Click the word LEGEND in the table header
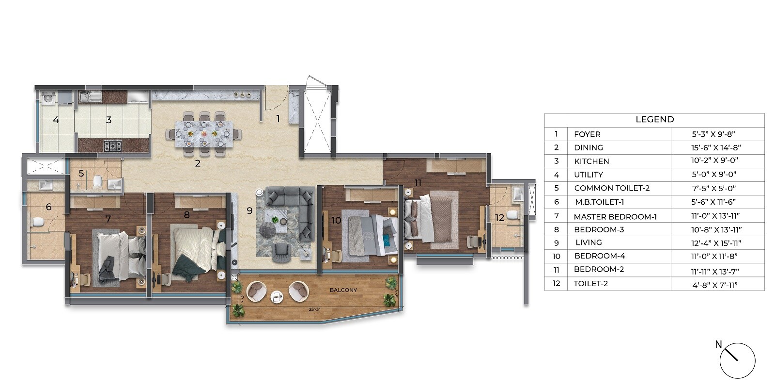654,119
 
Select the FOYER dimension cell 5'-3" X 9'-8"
713,134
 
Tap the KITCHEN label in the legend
591,161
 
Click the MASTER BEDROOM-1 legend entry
615,217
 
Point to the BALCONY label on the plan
343,290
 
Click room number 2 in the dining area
198,163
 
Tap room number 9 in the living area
249,210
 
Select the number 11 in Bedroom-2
418,182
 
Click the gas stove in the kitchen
113,145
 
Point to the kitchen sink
90,97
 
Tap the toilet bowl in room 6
36,222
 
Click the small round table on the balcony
277,296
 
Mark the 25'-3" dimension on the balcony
314,309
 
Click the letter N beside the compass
719,344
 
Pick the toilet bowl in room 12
513,215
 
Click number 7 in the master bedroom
108,219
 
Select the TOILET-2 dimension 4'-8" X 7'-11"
714,285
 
